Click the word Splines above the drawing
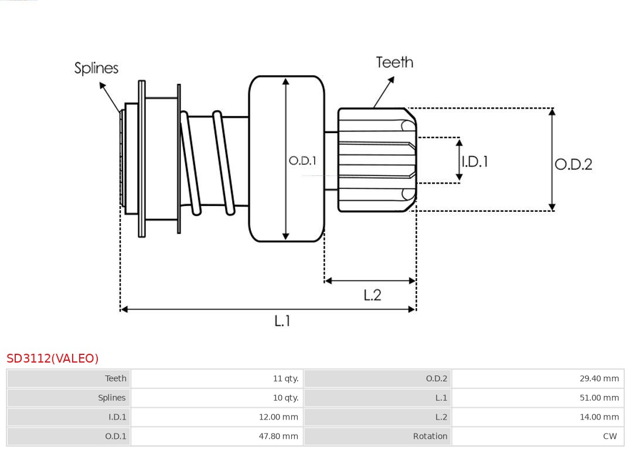coord(96,68)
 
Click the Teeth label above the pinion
coord(394,62)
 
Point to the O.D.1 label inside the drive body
coord(302,160)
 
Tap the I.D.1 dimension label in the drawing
coord(475,161)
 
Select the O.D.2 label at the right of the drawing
coord(573,164)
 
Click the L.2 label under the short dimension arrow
coord(372,295)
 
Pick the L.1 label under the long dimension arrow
coord(283,321)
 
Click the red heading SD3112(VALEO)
coord(53,358)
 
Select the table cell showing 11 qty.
coord(285,378)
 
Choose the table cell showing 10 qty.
coord(285,398)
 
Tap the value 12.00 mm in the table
coord(278,417)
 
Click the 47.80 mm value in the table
coord(278,436)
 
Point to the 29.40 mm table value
coord(599,378)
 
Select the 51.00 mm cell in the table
coord(599,398)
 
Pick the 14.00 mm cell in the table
coord(599,417)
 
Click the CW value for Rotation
coord(610,436)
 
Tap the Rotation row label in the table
coord(430,436)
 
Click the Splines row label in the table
coord(111,398)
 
